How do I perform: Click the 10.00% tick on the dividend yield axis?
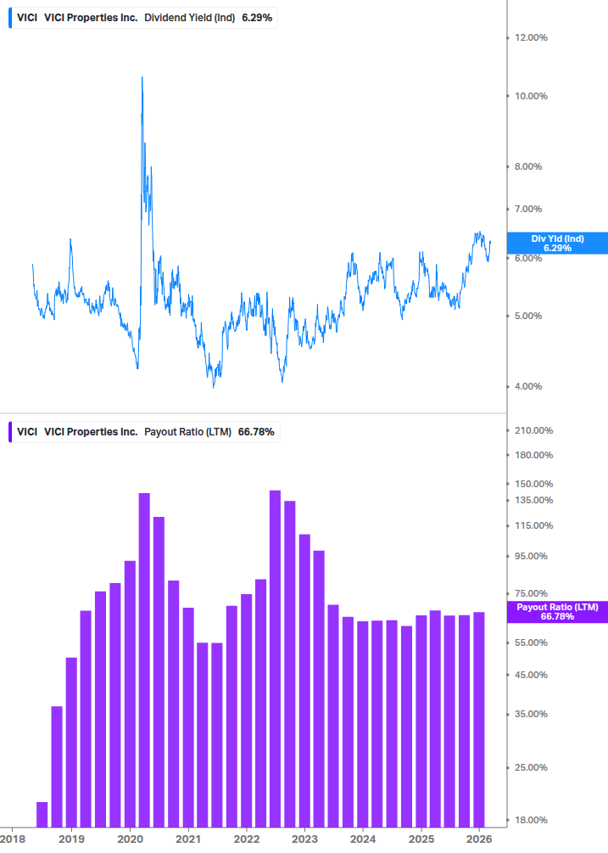pos(531,96)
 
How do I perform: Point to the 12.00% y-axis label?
pos(531,37)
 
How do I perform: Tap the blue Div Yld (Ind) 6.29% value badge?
pos(557,244)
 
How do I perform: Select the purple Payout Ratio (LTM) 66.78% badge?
pos(557,612)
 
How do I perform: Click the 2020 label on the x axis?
pos(130,839)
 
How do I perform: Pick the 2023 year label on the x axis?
pos(304,839)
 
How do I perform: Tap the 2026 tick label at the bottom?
pos(479,839)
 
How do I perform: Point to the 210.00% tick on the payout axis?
pos(533,430)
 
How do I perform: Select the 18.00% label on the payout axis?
pos(531,820)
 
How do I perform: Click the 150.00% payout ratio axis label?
pos(533,484)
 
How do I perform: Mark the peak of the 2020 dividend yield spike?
pos(142,77)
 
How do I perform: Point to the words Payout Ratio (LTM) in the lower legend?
pos(187,432)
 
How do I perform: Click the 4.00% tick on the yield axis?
pos(531,386)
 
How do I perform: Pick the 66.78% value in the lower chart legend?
pos(256,432)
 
